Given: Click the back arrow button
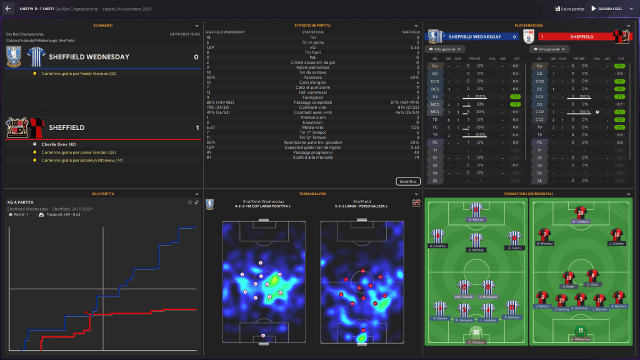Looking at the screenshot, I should click(x=8, y=9).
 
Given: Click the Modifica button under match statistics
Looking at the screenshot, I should click(x=407, y=181).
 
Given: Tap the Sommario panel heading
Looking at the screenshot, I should click(x=103, y=25).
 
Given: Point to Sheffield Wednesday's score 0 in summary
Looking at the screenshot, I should click(x=196, y=57).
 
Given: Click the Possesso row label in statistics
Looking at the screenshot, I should click(x=312, y=77).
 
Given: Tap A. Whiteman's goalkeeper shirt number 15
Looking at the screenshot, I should click(x=581, y=329).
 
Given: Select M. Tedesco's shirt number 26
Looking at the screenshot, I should click(x=581, y=211).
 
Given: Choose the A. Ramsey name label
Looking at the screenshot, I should click(x=476, y=249).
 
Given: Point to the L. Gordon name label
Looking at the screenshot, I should click(x=617, y=243).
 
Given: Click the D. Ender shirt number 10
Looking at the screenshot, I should click(x=568, y=276).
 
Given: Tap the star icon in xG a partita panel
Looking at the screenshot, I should click(x=190, y=202).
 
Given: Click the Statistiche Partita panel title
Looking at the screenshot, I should click(x=312, y=25).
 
